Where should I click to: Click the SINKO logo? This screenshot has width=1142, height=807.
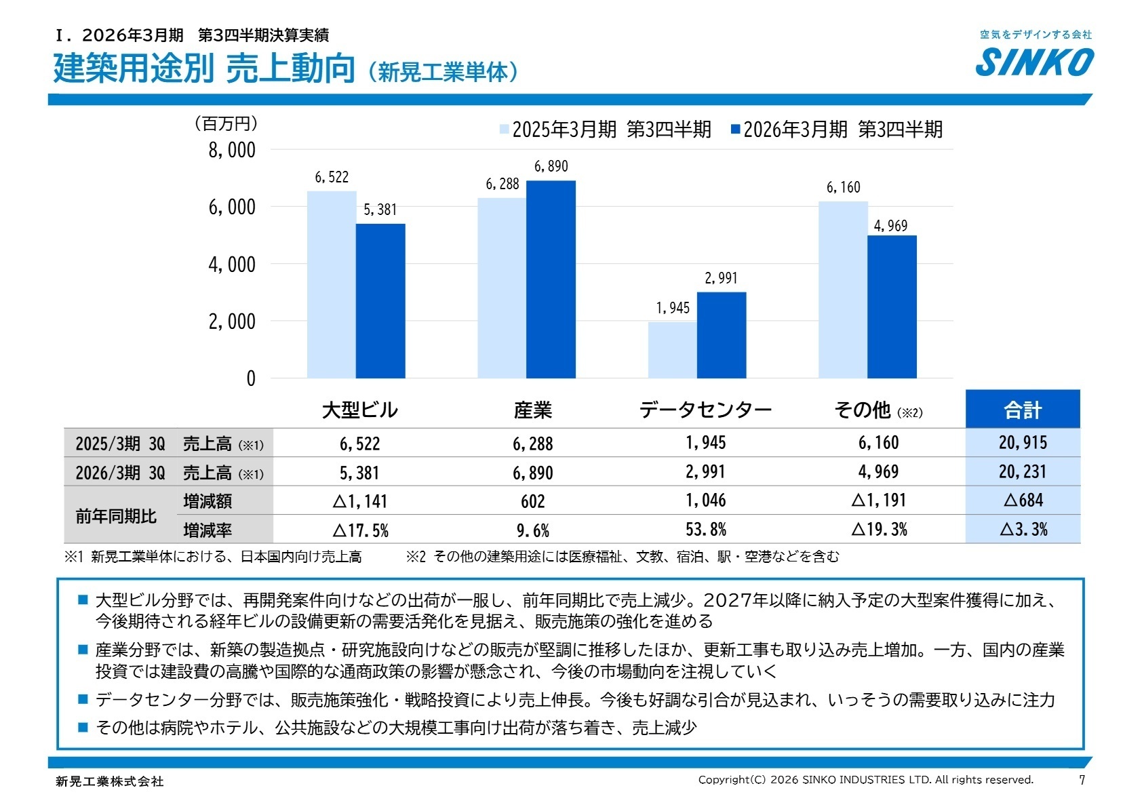pos(1034,62)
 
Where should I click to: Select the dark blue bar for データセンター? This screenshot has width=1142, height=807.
pos(722,335)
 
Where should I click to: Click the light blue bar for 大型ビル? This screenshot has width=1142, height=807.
pos(332,284)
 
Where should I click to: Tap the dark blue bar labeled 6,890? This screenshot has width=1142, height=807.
pos(551,279)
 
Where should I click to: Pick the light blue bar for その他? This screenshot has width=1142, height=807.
pos(843,290)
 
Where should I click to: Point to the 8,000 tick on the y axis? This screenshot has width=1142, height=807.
pos(232,150)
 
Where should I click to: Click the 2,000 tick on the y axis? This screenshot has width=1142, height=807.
pos(232,321)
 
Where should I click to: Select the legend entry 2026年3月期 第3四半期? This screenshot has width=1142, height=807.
pos(836,130)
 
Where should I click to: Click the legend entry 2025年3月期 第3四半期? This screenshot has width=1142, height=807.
pos(605,130)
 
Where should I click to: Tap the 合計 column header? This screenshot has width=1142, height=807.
pos(1022,410)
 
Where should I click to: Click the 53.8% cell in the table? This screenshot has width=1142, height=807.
pos(705,529)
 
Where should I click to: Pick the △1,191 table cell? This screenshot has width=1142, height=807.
pos(879,500)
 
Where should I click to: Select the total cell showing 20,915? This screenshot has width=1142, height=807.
pos(1022,443)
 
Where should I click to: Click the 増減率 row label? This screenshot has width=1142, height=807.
pos(208,530)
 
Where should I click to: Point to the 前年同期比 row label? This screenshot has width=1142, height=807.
pos(116,516)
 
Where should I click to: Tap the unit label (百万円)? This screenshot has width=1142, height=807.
pos(226,123)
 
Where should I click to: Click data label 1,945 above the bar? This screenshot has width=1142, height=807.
pos(672,308)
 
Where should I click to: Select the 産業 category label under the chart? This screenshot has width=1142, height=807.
pos(533,410)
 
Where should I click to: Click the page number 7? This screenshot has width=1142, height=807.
pos(1082,780)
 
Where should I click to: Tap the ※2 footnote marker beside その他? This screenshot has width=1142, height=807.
pos(909,412)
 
